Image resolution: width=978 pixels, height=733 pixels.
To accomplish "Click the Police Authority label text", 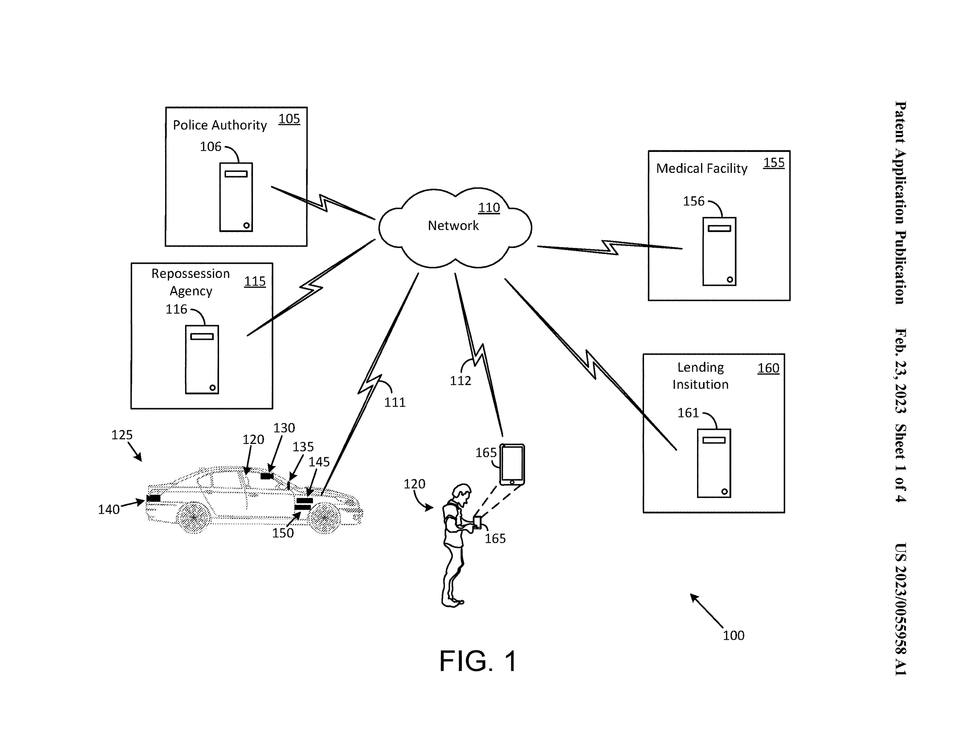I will tap(219, 125).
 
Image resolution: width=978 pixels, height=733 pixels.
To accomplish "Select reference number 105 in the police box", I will tap(289, 119).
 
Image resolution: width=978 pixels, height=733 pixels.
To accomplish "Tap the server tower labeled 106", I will tap(236, 197).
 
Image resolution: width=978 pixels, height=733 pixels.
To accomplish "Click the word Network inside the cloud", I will tap(453, 225).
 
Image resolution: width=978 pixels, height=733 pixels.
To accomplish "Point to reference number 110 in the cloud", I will tap(488, 207).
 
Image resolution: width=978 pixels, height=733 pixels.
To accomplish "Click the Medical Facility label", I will tap(701, 168).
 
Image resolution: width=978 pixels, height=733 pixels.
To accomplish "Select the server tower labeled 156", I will tap(719, 251).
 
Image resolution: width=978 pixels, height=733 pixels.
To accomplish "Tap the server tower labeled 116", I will tap(202, 360).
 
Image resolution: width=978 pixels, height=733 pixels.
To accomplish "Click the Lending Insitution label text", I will tap(700, 376).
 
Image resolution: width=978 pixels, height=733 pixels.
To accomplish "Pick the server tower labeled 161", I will tap(714, 463).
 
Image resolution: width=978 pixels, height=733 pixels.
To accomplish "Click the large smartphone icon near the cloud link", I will tap(512, 464).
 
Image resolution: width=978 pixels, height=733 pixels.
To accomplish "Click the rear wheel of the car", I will tap(193, 517).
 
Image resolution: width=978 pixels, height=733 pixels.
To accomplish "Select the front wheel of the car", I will tap(325, 517).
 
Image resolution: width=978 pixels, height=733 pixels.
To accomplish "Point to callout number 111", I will tap(394, 402).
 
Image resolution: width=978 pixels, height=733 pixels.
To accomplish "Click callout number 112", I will tap(460, 381).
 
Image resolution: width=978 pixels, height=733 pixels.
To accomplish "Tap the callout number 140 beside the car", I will tap(108, 510).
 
